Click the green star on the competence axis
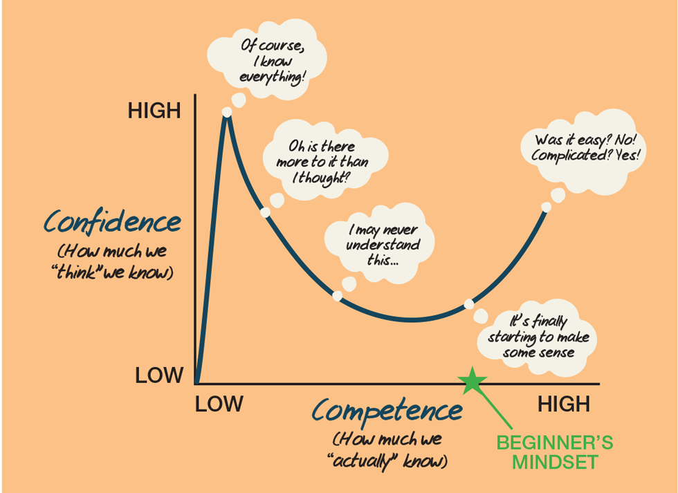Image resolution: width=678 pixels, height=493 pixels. coord(473,381)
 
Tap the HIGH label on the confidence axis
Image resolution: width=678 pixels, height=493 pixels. coord(154,111)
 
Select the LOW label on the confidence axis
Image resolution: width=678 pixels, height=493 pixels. coord(159,375)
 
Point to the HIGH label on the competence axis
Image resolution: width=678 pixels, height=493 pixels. coord(564,404)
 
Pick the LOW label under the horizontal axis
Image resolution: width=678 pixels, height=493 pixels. coord(219,404)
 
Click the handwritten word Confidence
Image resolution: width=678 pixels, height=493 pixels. coord(113,223)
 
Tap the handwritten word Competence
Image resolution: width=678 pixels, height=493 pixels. coord(387,411)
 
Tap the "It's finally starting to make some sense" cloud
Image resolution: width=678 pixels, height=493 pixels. coord(538,337)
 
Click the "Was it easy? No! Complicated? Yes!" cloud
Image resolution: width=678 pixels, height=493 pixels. coord(587,147)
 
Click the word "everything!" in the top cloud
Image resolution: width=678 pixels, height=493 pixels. coord(272,77)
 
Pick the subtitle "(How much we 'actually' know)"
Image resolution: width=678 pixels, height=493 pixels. coord(387,449)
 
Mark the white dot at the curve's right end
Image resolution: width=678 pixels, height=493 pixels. coord(546,207)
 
